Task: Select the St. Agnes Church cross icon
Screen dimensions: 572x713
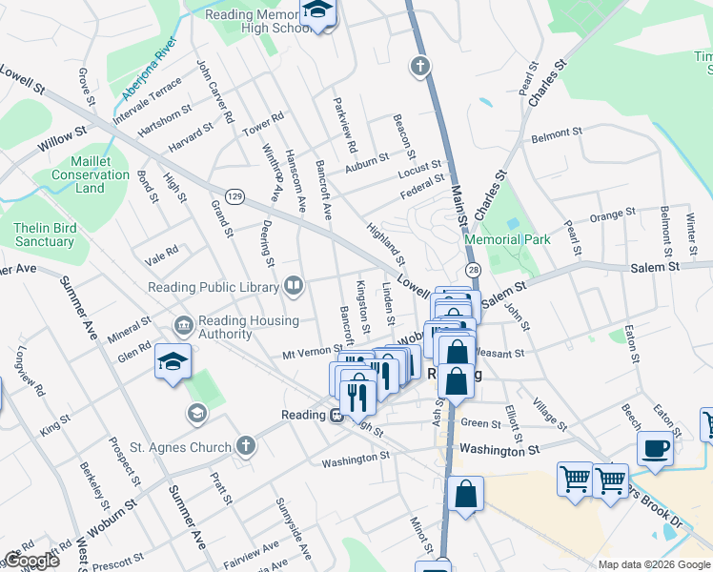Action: (246, 445)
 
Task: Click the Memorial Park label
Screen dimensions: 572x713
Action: (507, 240)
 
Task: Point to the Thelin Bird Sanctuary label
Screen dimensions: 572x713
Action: (44, 235)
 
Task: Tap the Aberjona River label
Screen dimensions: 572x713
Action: (149, 71)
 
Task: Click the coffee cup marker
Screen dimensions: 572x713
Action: (656, 447)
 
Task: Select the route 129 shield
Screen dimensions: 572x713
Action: (234, 196)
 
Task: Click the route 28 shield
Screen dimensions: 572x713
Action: (474, 272)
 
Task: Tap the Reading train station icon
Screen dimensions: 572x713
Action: (336, 415)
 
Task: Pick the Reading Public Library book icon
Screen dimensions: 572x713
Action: (295, 286)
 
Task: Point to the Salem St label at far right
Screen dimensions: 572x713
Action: (654, 268)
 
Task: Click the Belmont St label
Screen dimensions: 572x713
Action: (557, 133)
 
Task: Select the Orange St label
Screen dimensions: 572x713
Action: (612, 214)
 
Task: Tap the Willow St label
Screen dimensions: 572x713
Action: (62, 137)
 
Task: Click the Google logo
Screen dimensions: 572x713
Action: (31, 561)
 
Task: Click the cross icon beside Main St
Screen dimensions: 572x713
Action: (418, 66)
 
